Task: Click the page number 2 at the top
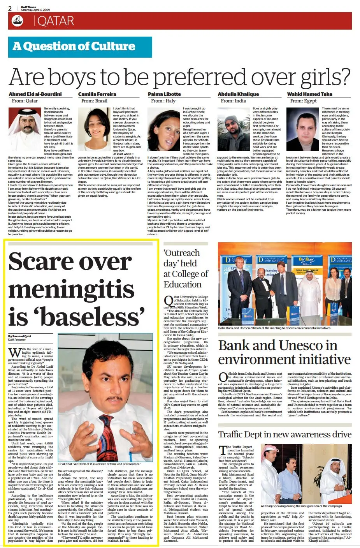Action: pyautogui.click(x=10, y=8)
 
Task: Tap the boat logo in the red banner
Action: pyautogui.click(x=18, y=21)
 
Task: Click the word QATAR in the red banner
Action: pyautogui.click(x=56, y=21)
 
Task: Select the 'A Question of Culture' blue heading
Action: pyautogui.click(x=74, y=46)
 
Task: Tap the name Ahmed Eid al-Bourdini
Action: pyautogui.click(x=35, y=94)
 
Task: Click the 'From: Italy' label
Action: pyautogui.click(x=163, y=101)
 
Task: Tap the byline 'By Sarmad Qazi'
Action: pyautogui.click(x=19, y=336)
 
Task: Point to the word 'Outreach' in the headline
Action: pyautogui.click(x=182, y=253)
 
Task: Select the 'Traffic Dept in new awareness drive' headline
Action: pyautogui.click(x=284, y=434)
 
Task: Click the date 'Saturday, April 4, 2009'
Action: pyautogui.click(x=35, y=10)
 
